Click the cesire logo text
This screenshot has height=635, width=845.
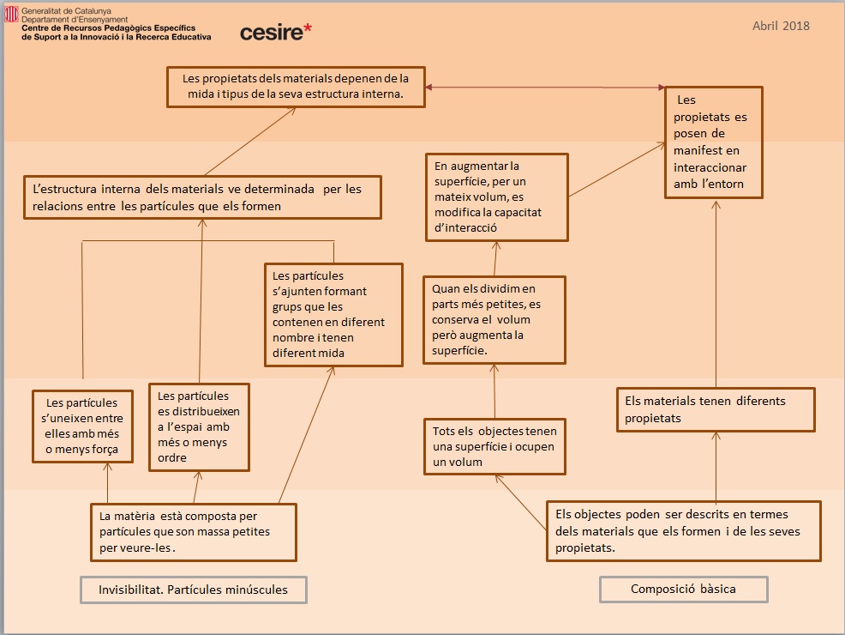pyautogui.click(x=271, y=33)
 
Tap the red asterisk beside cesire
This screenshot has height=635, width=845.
pyautogui.click(x=308, y=29)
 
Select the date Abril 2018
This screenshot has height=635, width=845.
pyautogui.click(x=781, y=26)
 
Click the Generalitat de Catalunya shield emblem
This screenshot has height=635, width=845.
pyautogui.click(x=12, y=15)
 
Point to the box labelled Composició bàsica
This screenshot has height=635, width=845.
pyautogui.click(x=683, y=589)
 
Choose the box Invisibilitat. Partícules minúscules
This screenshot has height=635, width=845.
pyautogui.click(x=193, y=590)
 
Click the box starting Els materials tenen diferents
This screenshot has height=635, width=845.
pyautogui.click(x=716, y=409)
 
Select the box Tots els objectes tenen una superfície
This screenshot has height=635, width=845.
pyautogui.click(x=494, y=446)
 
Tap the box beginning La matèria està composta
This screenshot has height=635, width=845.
pyautogui.click(x=194, y=531)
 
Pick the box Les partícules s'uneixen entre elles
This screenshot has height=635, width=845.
pyautogui.click(x=82, y=426)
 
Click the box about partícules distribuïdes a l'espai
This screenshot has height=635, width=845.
pyautogui.click(x=199, y=426)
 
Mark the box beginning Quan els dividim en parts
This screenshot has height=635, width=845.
pyautogui.click(x=494, y=319)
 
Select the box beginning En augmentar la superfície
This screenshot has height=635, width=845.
pyautogui.click(x=497, y=197)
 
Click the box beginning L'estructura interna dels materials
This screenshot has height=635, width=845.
pyautogui.click(x=202, y=197)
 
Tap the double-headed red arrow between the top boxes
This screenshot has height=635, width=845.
pyautogui.click(x=545, y=88)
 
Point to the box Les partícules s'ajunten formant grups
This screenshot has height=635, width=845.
pyautogui.click(x=333, y=314)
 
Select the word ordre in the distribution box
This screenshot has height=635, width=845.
pyautogui.click(x=170, y=457)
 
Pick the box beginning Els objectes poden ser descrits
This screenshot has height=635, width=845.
pyautogui.click(x=683, y=531)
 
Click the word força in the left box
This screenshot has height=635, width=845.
pyautogui.click(x=112, y=450)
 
